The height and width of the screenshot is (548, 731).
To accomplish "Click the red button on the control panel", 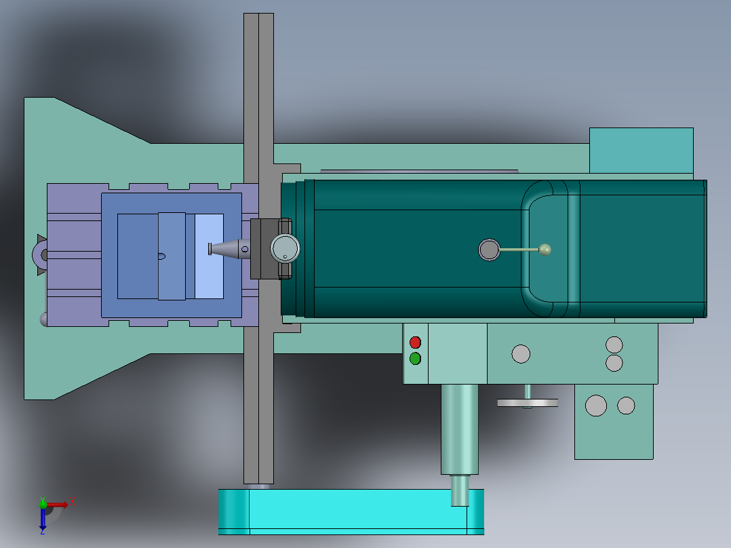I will point(415,342).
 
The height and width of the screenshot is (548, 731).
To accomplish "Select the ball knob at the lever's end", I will point(545,250).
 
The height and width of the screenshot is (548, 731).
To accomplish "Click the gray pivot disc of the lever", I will point(488,250).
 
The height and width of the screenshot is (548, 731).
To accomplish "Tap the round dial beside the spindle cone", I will point(285,248).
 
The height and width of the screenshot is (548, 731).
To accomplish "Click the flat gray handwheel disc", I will point(528,403).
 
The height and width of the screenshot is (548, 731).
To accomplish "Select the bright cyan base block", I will point(351,511).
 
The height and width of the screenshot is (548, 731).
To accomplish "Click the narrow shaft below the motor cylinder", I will point(460,490).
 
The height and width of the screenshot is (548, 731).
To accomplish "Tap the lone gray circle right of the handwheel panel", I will point(521,354).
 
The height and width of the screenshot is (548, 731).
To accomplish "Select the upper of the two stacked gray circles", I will point(614,345).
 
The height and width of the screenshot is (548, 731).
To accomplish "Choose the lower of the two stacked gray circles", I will point(614,363).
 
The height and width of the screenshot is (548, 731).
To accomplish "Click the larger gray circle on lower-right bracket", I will point(596,405).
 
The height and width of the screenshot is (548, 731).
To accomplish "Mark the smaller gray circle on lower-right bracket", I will point(626,406).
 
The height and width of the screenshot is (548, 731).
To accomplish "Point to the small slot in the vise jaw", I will point(161,256).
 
